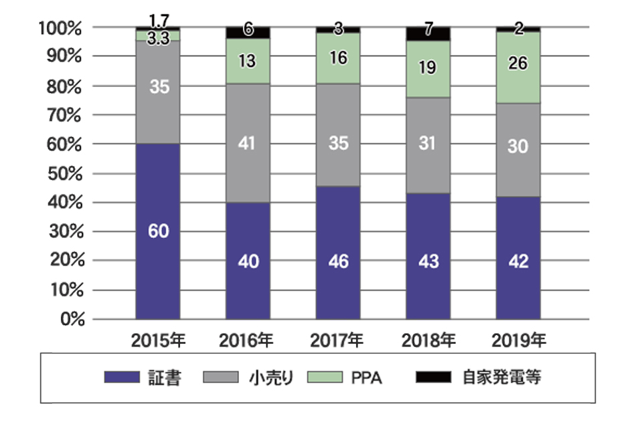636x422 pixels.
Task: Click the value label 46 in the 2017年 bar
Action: pos(338,261)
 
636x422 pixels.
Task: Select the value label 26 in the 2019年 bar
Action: pos(518,64)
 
